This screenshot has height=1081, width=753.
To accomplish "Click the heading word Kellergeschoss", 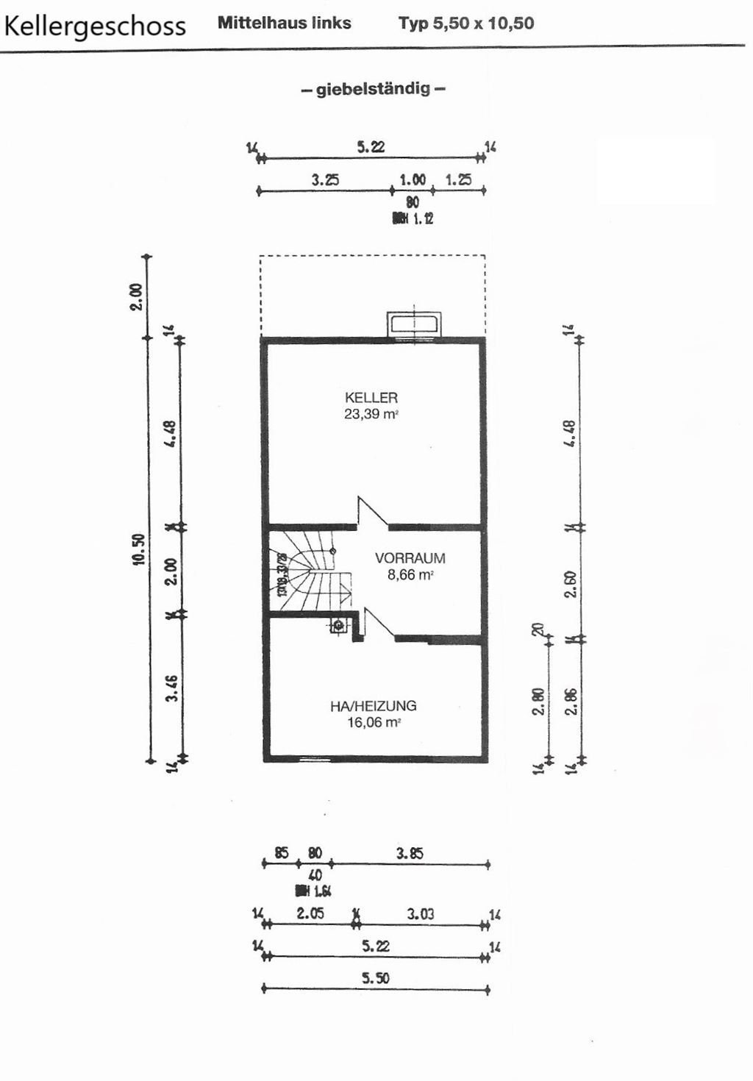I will (x=95, y=26).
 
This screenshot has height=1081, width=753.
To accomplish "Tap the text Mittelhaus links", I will (x=284, y=23).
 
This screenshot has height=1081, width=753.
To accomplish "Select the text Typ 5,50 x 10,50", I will (x=466, y=23).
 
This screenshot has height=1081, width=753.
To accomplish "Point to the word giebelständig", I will (x=373, y=90).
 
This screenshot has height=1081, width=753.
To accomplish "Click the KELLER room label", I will (x=371, y=397).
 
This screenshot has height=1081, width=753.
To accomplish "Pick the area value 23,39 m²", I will (x=371, y=414).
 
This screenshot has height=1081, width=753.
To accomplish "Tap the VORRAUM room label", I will (x=410, y=558).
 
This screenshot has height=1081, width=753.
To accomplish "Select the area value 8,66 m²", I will (x=410, y=575).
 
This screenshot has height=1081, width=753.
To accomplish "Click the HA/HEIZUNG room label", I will (x=373, y=706).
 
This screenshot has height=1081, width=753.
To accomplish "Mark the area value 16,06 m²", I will (x=373, y=723).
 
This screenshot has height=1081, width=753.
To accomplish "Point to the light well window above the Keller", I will (x=414, y=324).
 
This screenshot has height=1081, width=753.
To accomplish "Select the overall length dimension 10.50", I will (x=139, y=549).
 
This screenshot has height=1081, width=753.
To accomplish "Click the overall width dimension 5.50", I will (x=375, y=978).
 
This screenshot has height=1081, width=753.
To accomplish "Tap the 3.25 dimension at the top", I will (x=325, y=179).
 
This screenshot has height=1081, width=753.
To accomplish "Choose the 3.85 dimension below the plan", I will (x=410, y=854).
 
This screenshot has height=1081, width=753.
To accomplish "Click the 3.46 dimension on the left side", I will (x=171, y=688).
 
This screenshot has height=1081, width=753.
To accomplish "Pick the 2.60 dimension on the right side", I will (x=570, y=584).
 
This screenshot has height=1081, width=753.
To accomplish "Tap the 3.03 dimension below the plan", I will (x=421, y=914).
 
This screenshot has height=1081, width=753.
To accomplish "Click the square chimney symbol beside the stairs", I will (x=338, y=626).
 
